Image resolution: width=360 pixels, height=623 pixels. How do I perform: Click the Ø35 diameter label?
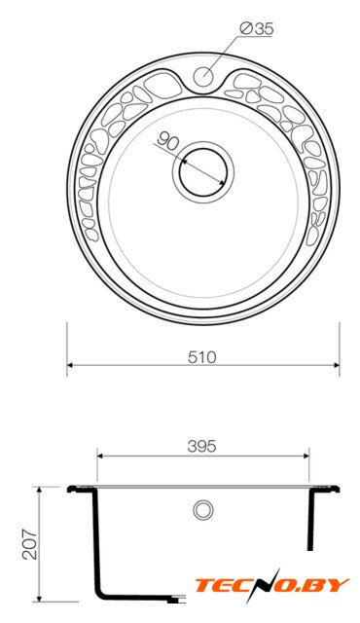[x=257, y=28]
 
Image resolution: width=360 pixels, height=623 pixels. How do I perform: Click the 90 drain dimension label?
[x=168, y=141]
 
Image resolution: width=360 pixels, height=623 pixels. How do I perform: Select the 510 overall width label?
[x=202, y=357]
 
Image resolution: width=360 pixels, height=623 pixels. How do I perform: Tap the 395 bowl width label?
[x=202, y=447]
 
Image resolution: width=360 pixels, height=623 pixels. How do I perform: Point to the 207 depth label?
[x=30, y=544]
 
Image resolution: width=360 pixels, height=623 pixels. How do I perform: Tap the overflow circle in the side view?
[x=203, y=510]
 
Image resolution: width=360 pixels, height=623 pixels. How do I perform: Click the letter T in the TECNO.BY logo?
[x=204, y=585]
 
